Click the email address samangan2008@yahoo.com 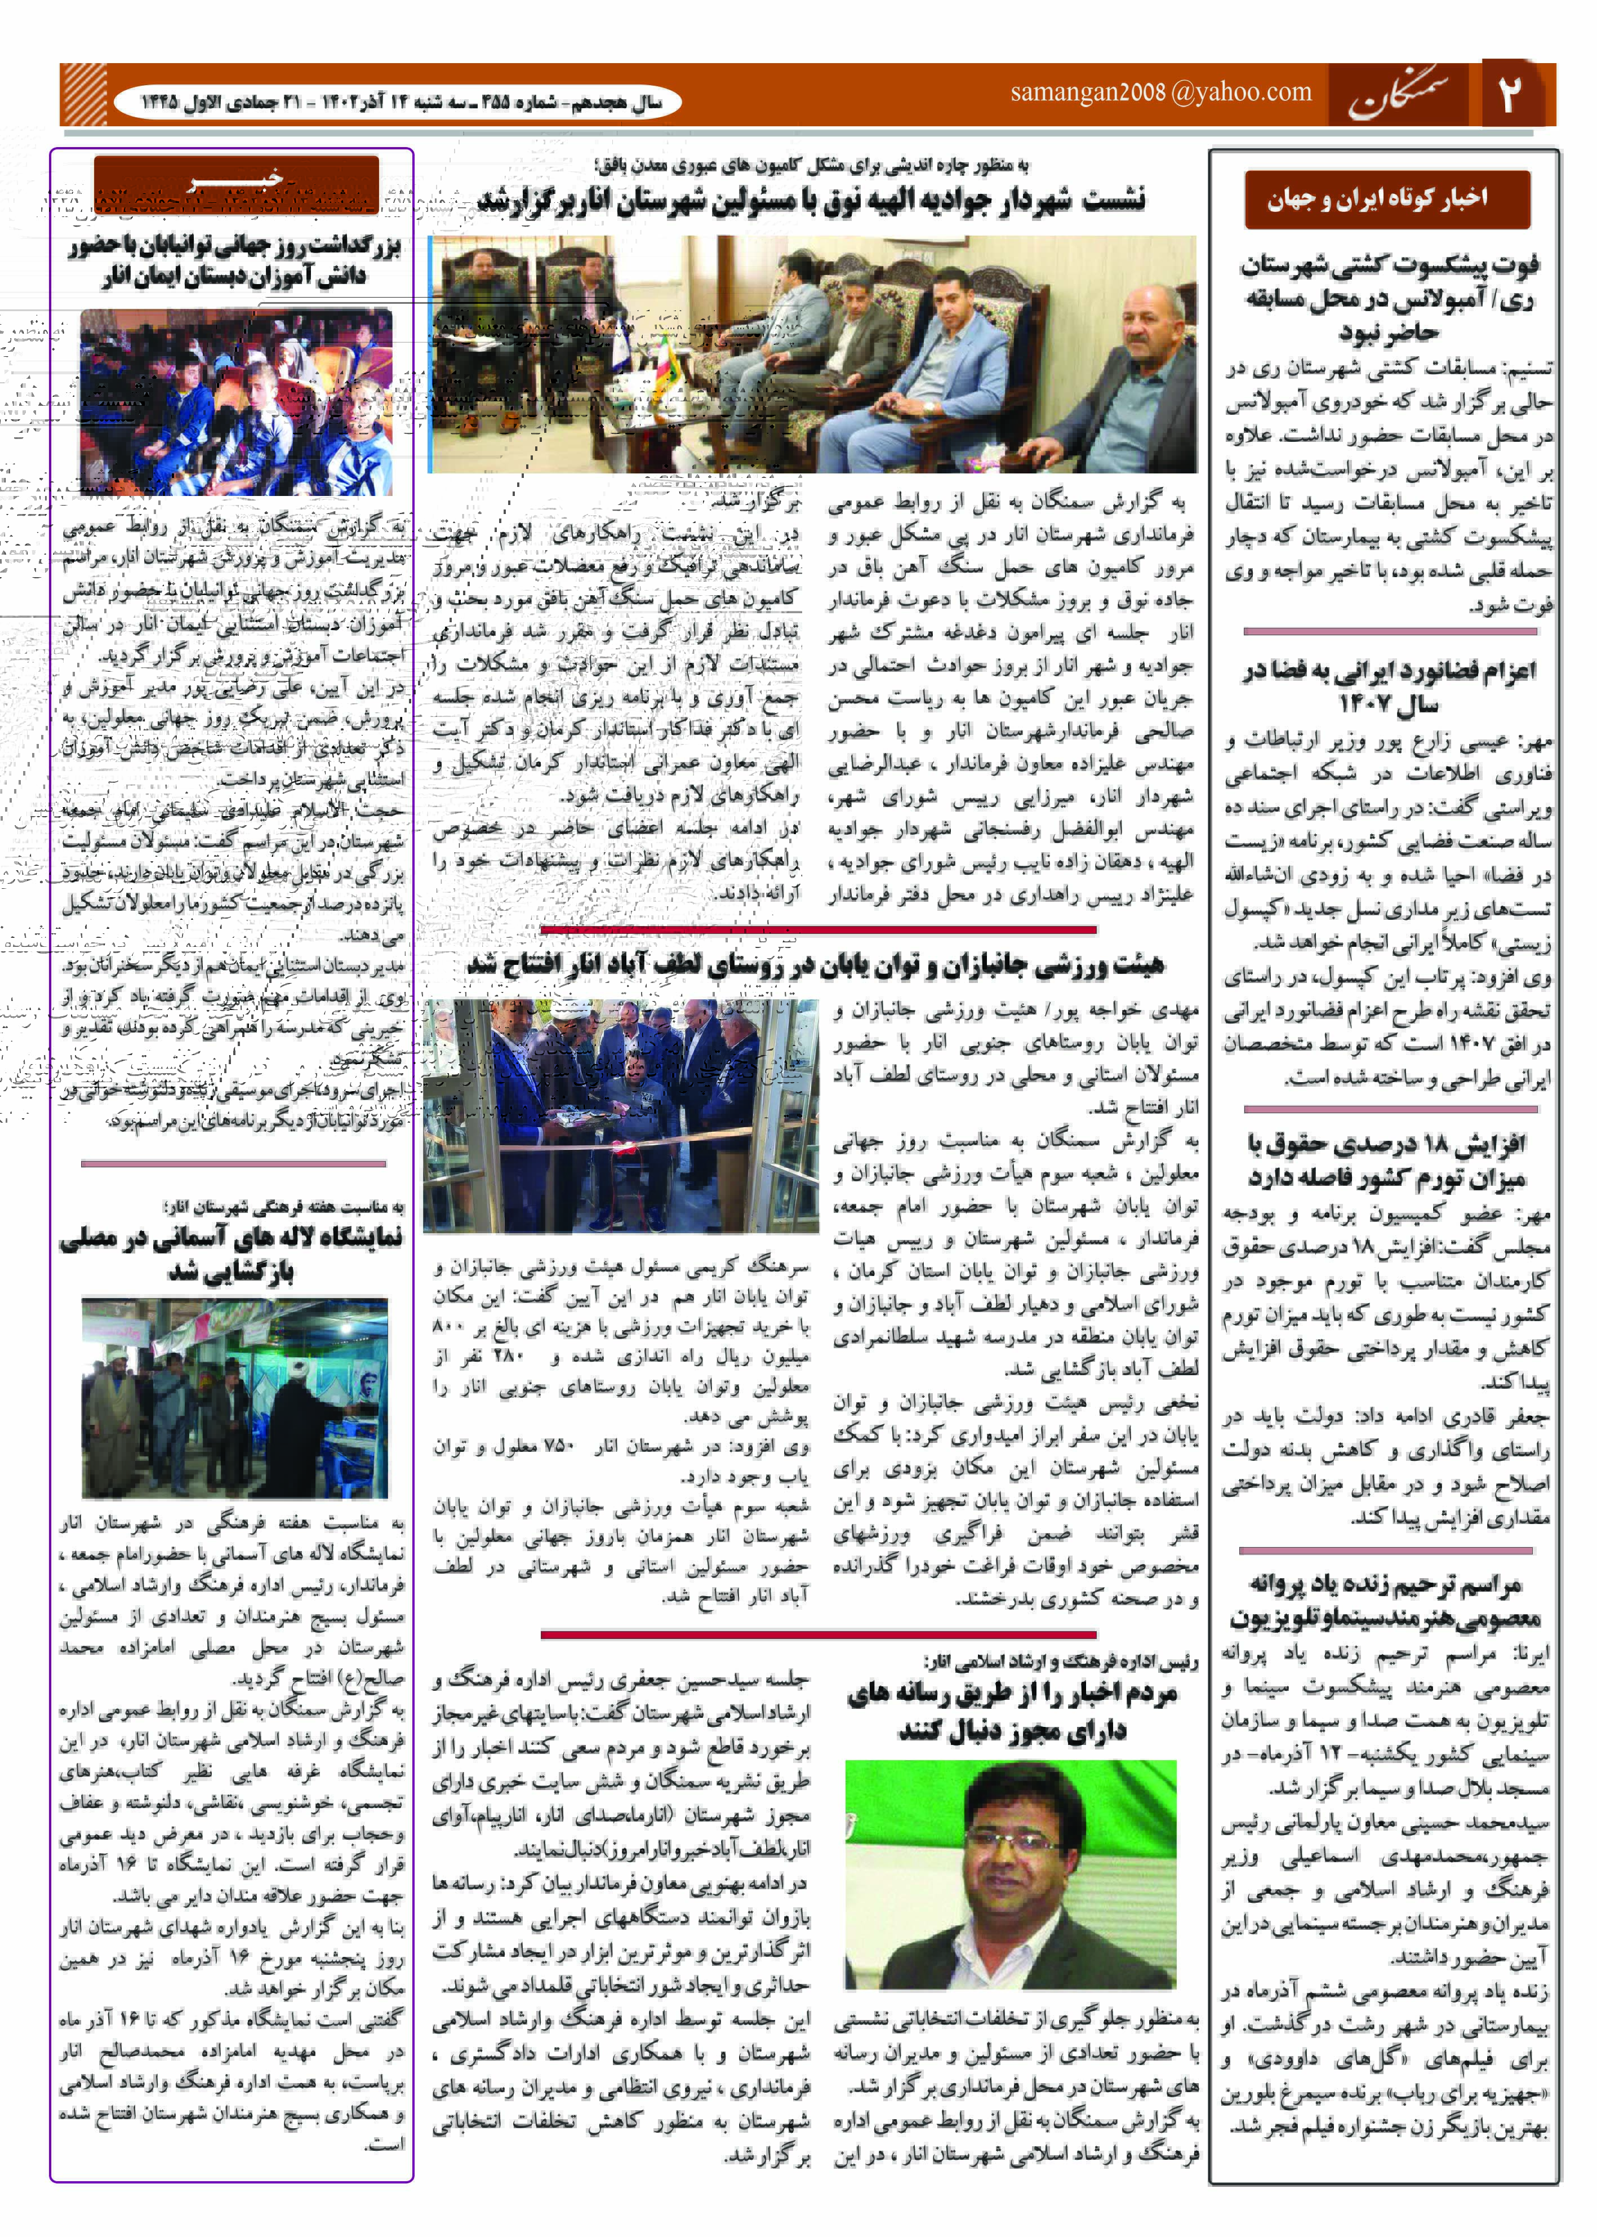[1160, 92]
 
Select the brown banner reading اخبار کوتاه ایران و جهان [1386, 200]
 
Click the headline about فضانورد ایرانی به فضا [1387, 686]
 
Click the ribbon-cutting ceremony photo [621, 1115]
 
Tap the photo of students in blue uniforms [236, 401]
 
